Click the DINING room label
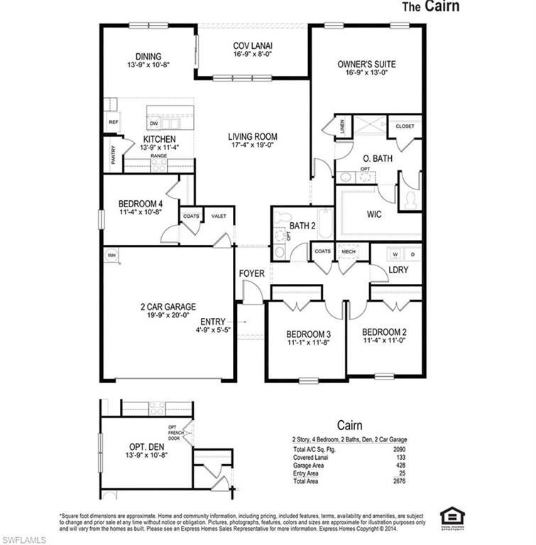[148, 57]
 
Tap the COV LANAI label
[253, 46]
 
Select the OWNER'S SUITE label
[366, 64]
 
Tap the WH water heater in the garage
[111, 254]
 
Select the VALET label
[219, 216]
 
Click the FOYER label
[251, 272]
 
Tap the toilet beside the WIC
[409, 201]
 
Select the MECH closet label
[348, 251]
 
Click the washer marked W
[395, 253]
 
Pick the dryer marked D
[412, 253]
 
